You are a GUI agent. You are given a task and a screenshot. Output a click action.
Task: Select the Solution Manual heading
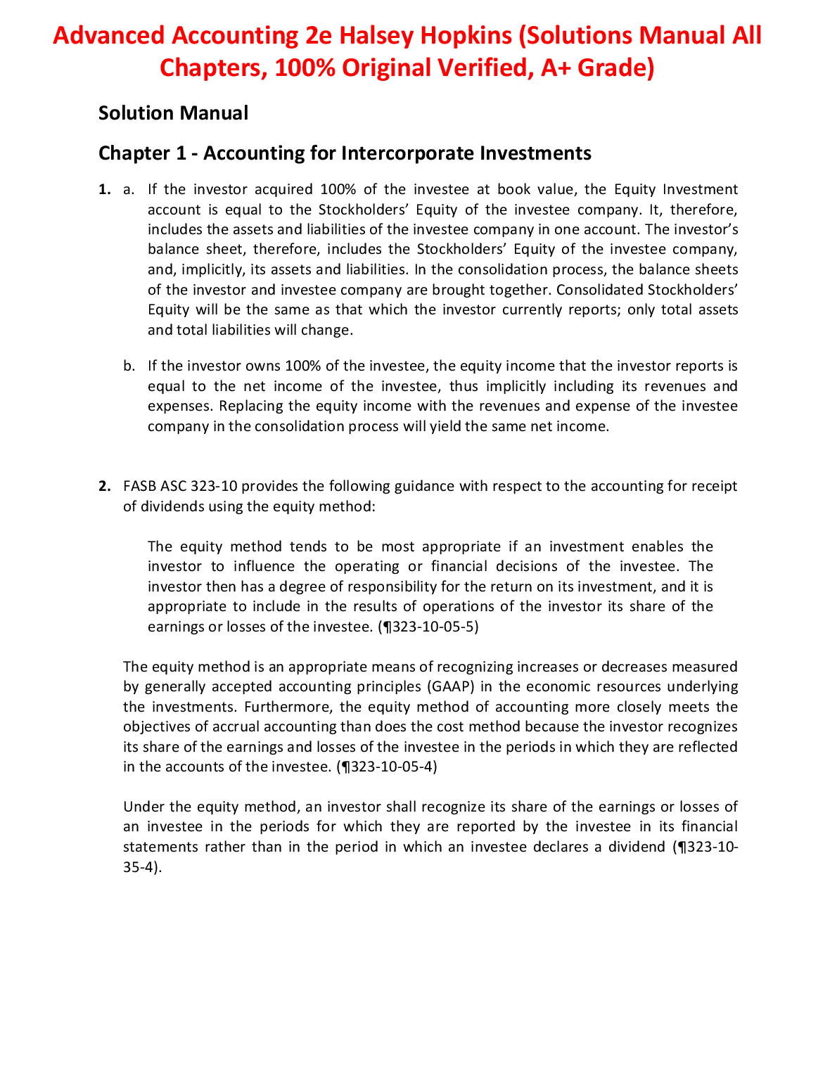click(173, 113)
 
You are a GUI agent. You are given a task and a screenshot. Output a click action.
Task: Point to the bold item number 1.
click(104, 190)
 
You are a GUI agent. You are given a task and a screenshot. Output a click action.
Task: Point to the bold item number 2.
click(104, 487)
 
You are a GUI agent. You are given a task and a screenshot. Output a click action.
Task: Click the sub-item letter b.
click(128, 366)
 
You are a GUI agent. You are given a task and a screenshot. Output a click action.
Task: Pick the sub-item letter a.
click(128, 190)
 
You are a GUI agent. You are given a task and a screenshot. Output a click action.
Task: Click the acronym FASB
click(139, 487)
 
